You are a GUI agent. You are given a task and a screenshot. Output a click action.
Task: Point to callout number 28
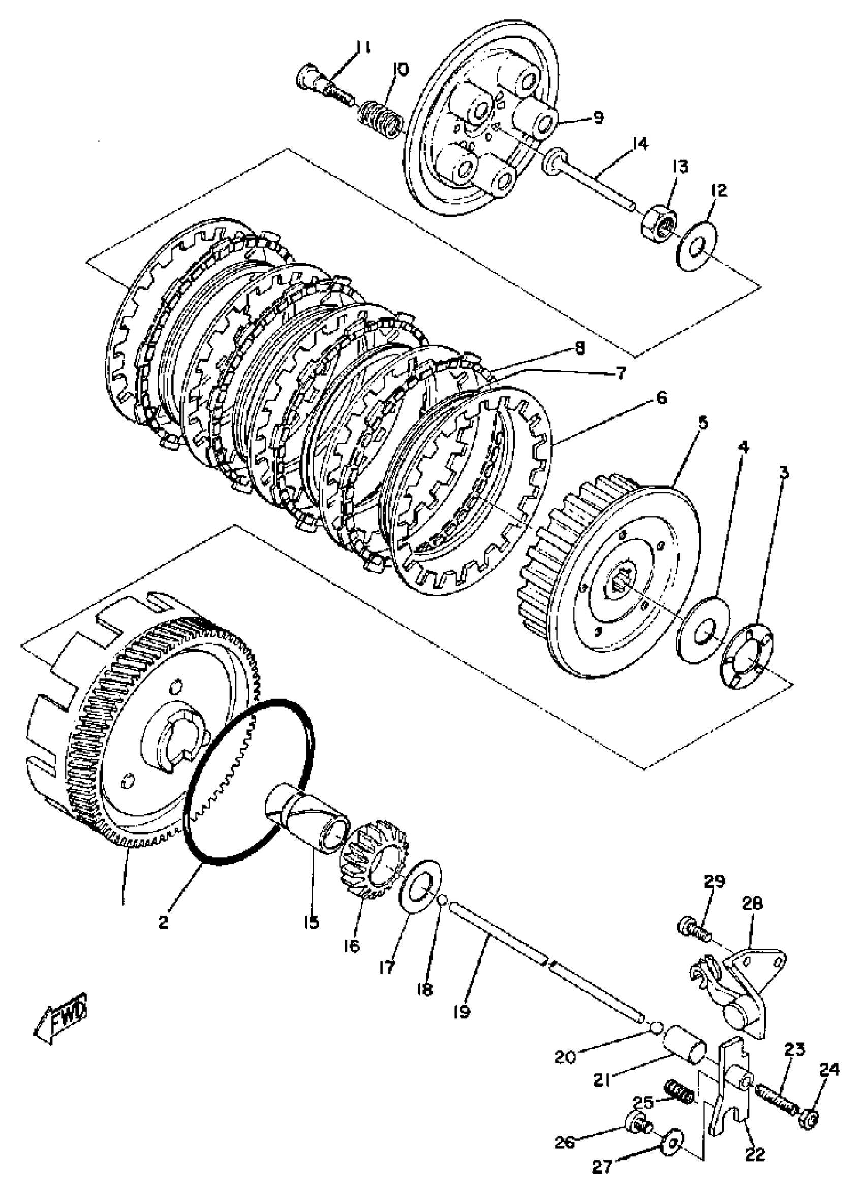click(753, 905)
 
